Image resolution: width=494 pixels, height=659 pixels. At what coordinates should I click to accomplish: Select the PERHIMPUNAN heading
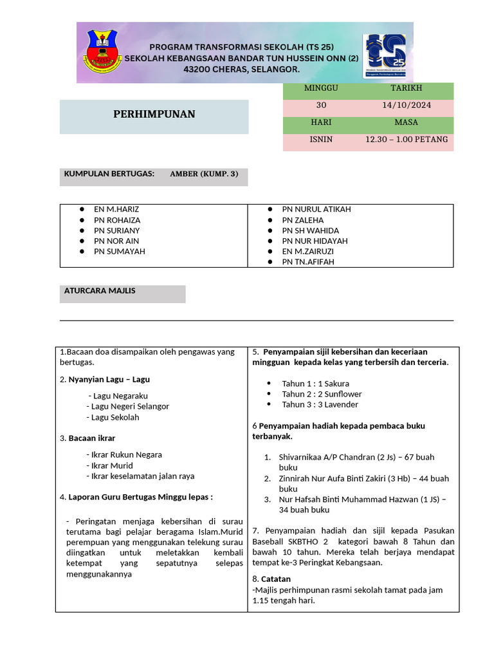pos(154,115)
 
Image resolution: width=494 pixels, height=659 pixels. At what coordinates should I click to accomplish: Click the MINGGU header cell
pos(321,88)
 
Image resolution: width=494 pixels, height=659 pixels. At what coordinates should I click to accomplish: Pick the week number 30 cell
pos(321,105)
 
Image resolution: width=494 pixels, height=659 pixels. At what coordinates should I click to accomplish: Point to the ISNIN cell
pos(321,139)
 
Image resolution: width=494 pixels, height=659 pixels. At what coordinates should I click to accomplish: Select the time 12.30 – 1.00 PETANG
pos(407,139)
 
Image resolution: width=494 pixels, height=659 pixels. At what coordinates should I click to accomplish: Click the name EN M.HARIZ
pos(116,209)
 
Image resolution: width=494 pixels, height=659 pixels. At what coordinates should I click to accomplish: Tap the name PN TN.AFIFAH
pos(308,262)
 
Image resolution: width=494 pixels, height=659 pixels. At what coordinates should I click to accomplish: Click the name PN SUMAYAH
pos(120,251)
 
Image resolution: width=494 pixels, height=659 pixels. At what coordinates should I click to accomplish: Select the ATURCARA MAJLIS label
pos(100,291)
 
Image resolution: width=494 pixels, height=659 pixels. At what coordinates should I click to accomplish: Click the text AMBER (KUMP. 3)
pos(204,174)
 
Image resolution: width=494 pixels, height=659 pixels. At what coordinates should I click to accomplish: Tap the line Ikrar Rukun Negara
pos(127,454)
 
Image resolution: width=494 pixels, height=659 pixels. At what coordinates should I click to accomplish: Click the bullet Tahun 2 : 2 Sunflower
pos(322,394)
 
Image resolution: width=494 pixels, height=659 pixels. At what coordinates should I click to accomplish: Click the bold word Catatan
pos(276,579)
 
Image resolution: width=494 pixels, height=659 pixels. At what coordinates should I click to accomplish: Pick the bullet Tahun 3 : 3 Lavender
pos(320,405)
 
